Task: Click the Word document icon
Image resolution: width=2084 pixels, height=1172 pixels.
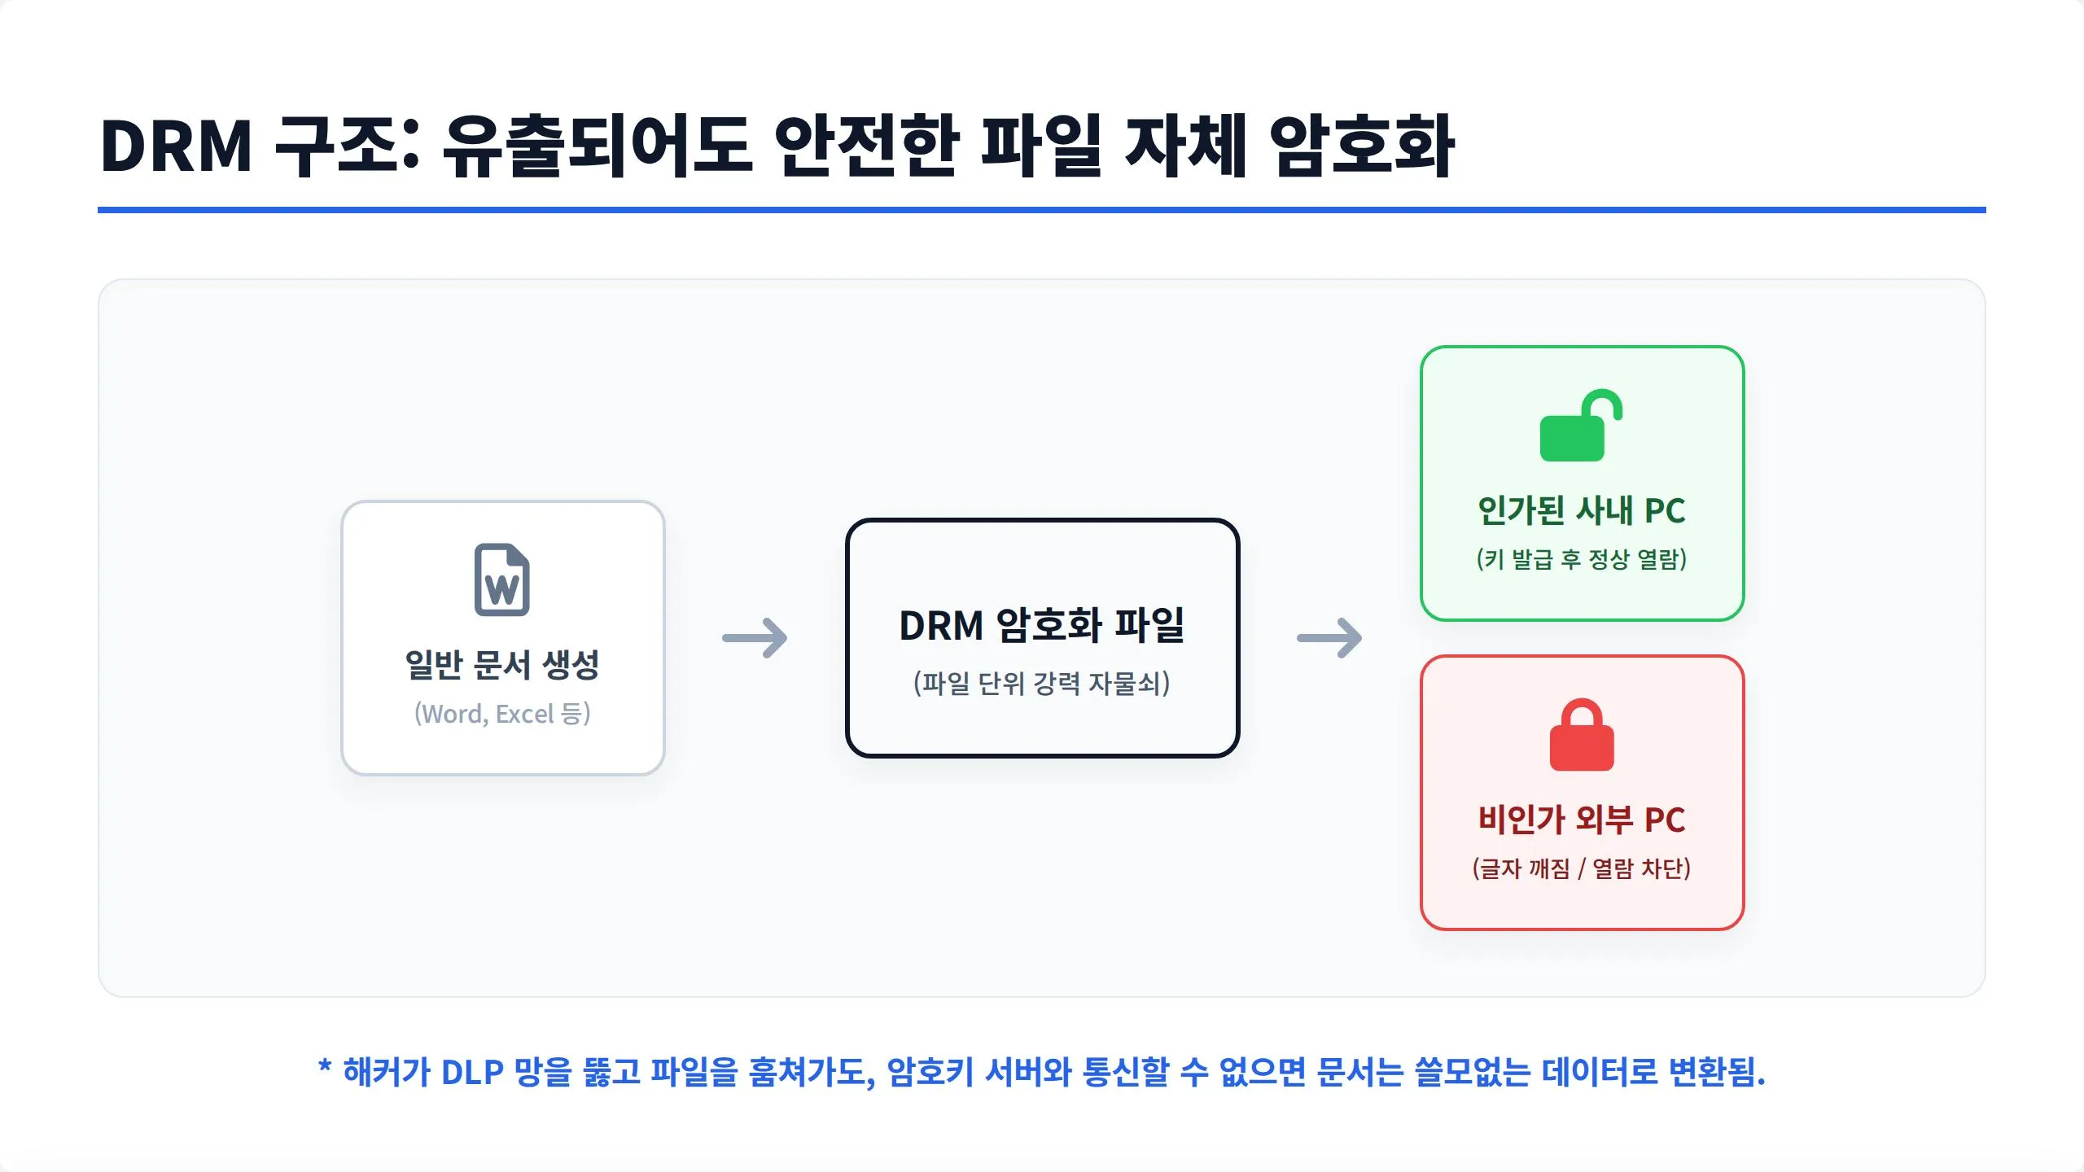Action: (x=502, y=579)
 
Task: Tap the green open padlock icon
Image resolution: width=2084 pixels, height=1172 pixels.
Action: (x=1581, y=426)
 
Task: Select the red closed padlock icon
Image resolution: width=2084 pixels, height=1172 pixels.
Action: (x=1582, y=734)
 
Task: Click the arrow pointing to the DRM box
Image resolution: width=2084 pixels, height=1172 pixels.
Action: (x=755, y=637)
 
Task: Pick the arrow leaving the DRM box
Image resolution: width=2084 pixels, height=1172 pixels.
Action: (x=1329, y=637)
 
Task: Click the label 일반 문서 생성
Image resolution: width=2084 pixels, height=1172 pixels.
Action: (x=502, y=665)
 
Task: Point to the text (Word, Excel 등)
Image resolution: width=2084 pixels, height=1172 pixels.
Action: (x=502, y=714)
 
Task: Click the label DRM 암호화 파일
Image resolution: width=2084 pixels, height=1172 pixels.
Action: (x=1042, y=625)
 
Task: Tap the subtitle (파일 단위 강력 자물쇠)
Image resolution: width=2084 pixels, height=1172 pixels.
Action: (x=1042, y=683)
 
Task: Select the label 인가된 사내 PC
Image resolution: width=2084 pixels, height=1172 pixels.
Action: (x=1582, y=510)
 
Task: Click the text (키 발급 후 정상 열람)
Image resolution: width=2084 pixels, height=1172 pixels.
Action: (x=1582, y=559)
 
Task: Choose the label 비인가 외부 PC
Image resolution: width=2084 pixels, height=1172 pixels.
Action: (x=1582, y=819)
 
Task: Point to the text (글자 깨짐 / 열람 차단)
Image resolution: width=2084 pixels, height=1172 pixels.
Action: (x=1582, y=868)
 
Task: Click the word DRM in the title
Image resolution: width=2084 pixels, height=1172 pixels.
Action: (x=176, y=146)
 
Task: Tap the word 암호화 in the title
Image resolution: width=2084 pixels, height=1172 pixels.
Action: (x=1362, y=146)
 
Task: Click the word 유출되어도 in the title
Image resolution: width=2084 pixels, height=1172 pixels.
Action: (x=596, y=146)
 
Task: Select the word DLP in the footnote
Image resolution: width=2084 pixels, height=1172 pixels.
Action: (x=472, y=1072)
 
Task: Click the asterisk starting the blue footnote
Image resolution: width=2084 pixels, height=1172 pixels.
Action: (x=325, y=1066)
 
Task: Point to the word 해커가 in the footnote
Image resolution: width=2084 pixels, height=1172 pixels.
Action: (x=386, y=1072)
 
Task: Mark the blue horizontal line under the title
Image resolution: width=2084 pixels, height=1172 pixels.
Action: (x=1042, y=210)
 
